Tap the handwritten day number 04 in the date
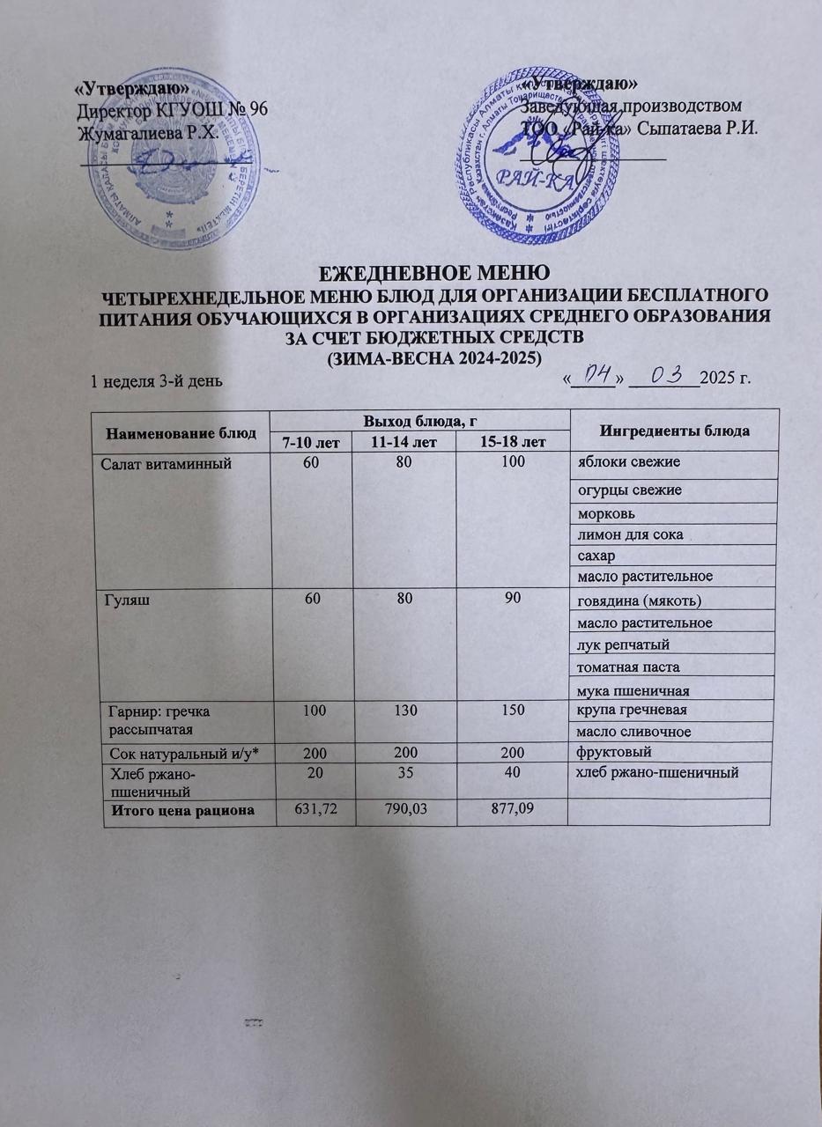coord(592,378)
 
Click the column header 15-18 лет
coord(513,440)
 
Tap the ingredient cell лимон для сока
coord(630,534)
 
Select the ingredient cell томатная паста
coord(628,667)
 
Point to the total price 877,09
coord(512,807)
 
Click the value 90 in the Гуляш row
coord(511,599)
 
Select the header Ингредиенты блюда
coord(675,431)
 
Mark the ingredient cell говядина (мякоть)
coord(639,601)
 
